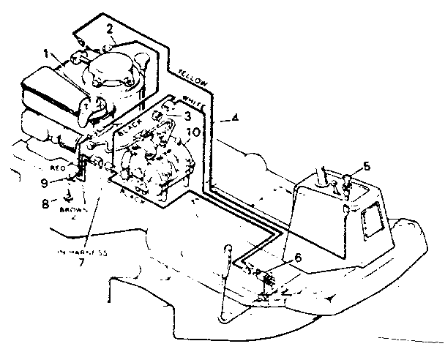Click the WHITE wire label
[194, 102]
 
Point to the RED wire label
[59, 167]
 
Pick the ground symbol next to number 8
[65, 195]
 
